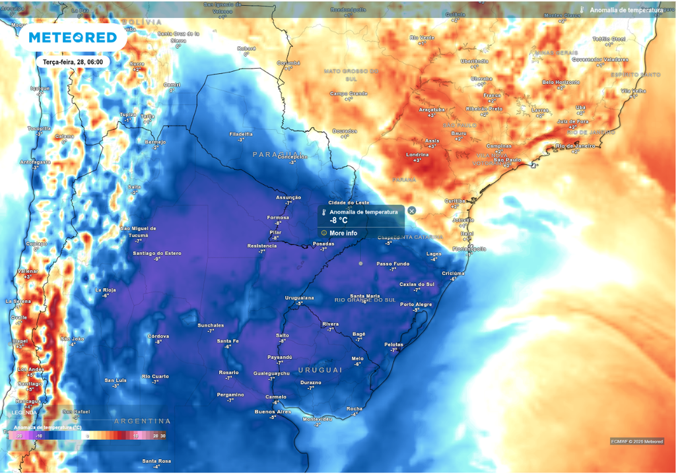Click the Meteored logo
point(73,38)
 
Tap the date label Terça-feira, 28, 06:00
point(72,61)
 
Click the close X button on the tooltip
point(411,210)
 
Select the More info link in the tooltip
point(343,233)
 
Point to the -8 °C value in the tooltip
point(339,221)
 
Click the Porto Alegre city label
point(416,304)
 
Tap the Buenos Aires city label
point(273,412)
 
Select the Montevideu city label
point(316,419)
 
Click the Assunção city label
point(288,197)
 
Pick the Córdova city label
point(158,336)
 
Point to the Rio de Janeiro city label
point(576,145)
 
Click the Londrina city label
point(417,154)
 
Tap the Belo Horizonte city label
point(560,82)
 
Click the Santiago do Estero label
point(156,253)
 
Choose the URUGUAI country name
point(320,370)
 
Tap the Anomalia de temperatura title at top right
point(626,10)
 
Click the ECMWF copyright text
point(636,441)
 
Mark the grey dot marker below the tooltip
point(360,263)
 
